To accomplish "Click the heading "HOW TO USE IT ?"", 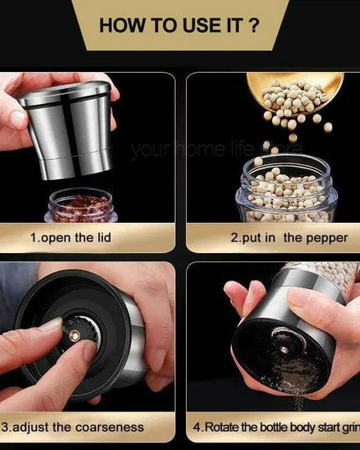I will [179, 24].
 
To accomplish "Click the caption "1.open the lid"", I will [70, 237].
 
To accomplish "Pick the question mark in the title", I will [255, 24].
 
